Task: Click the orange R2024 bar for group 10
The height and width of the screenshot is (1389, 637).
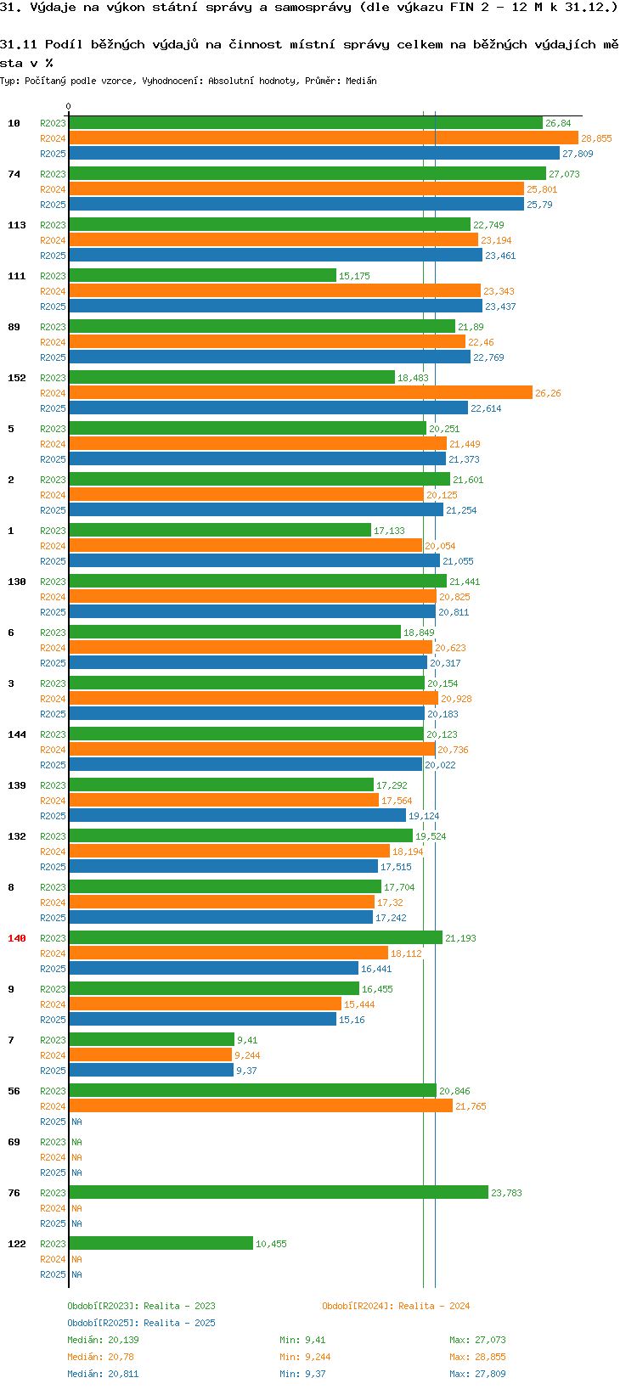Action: (323, 138)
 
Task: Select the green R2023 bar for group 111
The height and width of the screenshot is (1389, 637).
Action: (202, 276)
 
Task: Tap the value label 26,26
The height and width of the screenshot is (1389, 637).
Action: (548, 393)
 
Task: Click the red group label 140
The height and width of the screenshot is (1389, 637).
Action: (17, 938)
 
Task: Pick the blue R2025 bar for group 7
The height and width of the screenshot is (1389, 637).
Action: (151, 1071)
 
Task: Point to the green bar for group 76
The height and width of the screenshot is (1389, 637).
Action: (279, 1193)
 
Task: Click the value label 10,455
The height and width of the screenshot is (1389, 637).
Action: (271, 1244)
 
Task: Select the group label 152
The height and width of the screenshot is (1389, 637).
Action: (17, 378)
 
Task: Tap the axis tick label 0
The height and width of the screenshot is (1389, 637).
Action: (69, 107)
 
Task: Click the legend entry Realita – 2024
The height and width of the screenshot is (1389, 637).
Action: (396, 1306)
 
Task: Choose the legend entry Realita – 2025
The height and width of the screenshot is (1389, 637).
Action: (141, 1323)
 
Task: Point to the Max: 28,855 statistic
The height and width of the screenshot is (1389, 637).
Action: (477, 1357)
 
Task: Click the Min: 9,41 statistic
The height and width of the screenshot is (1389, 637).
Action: (302, 1340)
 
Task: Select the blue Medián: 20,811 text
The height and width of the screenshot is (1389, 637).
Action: (103, 1374)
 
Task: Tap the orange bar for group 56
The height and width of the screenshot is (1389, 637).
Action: (260, 1106)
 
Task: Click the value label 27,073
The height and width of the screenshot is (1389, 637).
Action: (564, 174)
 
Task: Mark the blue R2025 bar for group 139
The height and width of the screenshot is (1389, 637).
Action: (237, 816)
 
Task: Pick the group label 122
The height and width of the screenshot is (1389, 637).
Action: (17, 1244)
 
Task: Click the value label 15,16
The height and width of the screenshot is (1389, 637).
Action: (352, 1020)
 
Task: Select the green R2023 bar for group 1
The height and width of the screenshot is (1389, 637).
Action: (220, 531)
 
